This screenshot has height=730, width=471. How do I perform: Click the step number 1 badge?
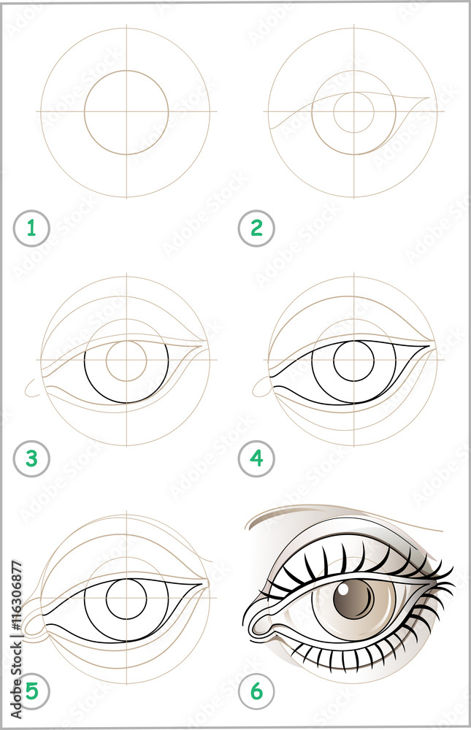click(31, 229)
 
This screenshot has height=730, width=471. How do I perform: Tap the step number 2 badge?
click(256, 229)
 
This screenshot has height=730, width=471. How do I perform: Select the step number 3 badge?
click(31, 459)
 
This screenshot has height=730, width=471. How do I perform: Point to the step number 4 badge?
click(256, 459)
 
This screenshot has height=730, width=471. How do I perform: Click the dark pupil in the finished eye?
click(353, 601)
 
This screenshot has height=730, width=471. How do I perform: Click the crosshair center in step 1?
click(126, 112)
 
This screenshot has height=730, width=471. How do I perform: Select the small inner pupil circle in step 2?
click(354, 112)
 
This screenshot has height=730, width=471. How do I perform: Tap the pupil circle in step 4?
click(354, 360)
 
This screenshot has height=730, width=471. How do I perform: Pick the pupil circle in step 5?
click(126, 599)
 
